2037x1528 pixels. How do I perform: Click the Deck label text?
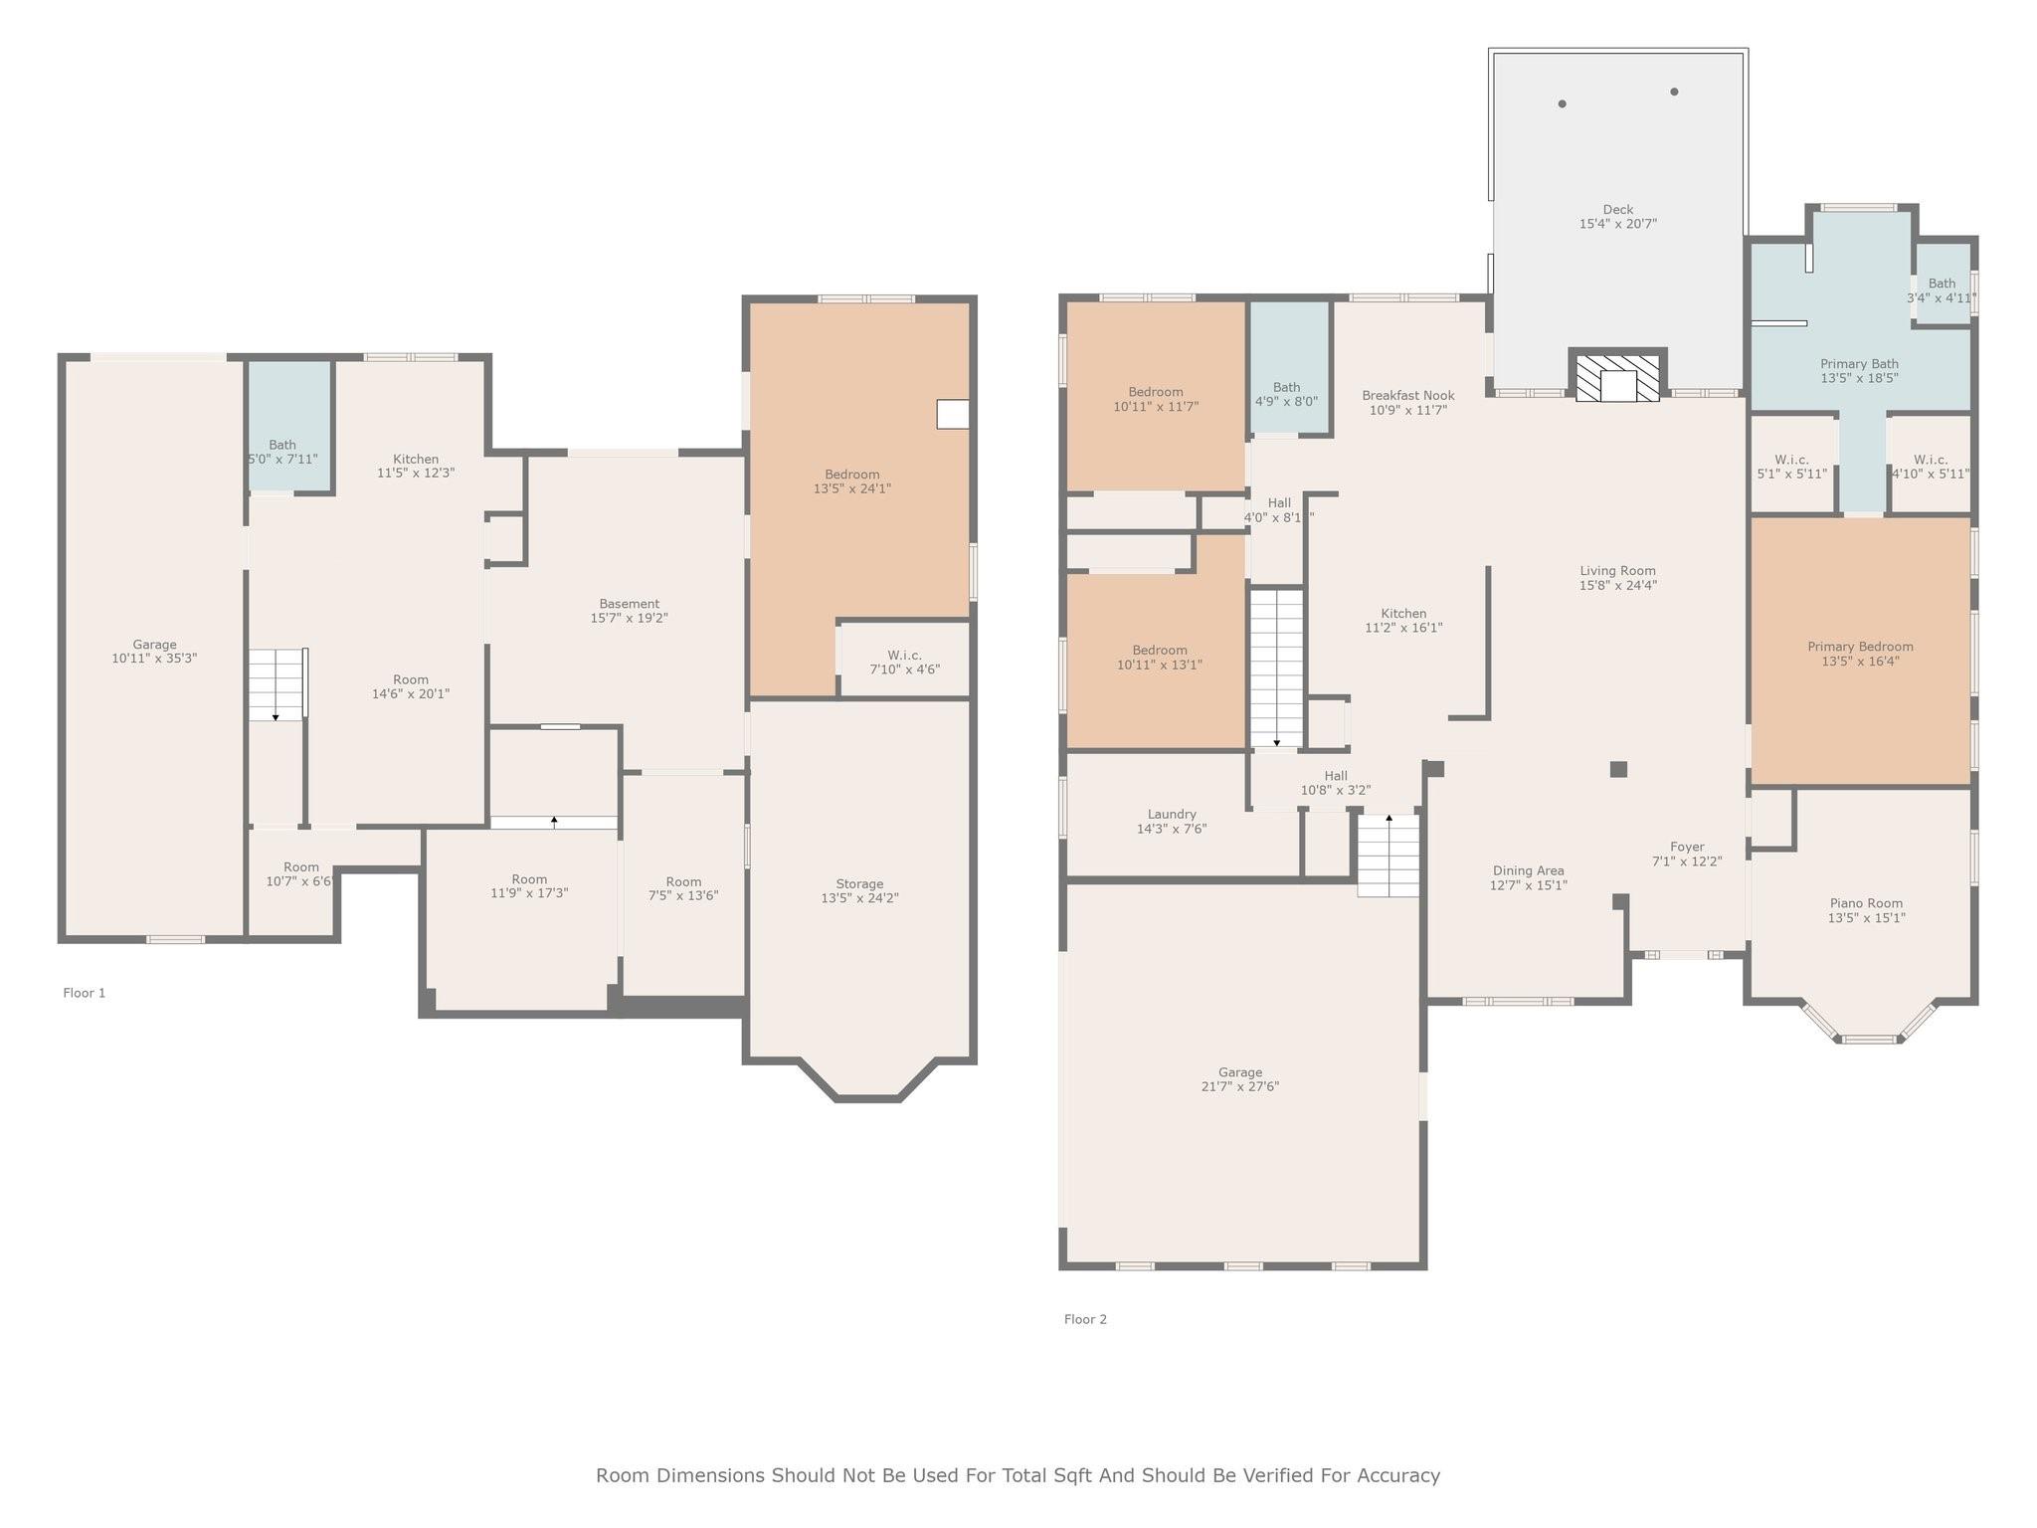pos(1617,210)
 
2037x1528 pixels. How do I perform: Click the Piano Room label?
pos(1865,904)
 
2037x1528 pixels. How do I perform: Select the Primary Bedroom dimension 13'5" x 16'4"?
pos(1860,662)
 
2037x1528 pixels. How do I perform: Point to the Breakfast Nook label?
pos(1407,396)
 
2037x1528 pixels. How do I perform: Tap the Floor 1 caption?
pos(85,993)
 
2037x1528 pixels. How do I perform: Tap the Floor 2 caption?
pos(1085,1319)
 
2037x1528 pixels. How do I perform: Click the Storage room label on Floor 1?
pos(859,884)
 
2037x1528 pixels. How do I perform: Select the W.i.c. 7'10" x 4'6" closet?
pos(904,662)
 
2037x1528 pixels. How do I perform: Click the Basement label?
pos(629,604)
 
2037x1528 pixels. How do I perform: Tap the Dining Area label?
pos(1528,871)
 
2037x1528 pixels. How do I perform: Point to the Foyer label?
pos(1687,848)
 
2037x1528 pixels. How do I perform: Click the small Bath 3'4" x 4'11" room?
pos(1941,289)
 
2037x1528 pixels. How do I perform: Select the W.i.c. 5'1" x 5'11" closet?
pos(1791,466)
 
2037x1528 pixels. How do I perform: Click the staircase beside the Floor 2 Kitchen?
pos(1276,667)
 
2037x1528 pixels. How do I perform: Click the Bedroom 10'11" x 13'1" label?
pos(1159,651)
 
